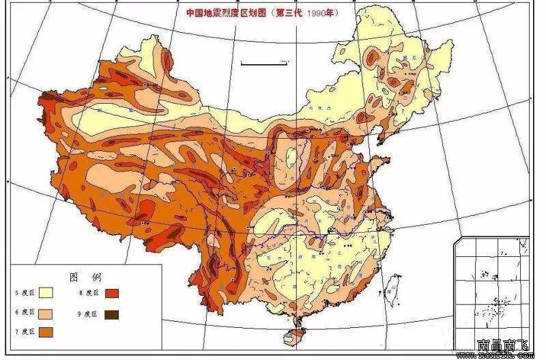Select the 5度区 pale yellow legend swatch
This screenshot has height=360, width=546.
46,292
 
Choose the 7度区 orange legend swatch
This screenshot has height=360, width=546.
46,332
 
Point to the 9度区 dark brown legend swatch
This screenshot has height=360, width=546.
111,314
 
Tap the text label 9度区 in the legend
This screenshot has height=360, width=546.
89,314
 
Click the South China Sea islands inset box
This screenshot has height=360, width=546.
491,287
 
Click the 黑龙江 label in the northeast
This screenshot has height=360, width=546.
409,59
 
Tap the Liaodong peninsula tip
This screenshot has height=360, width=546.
377,143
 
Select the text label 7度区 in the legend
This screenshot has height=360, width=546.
25,332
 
